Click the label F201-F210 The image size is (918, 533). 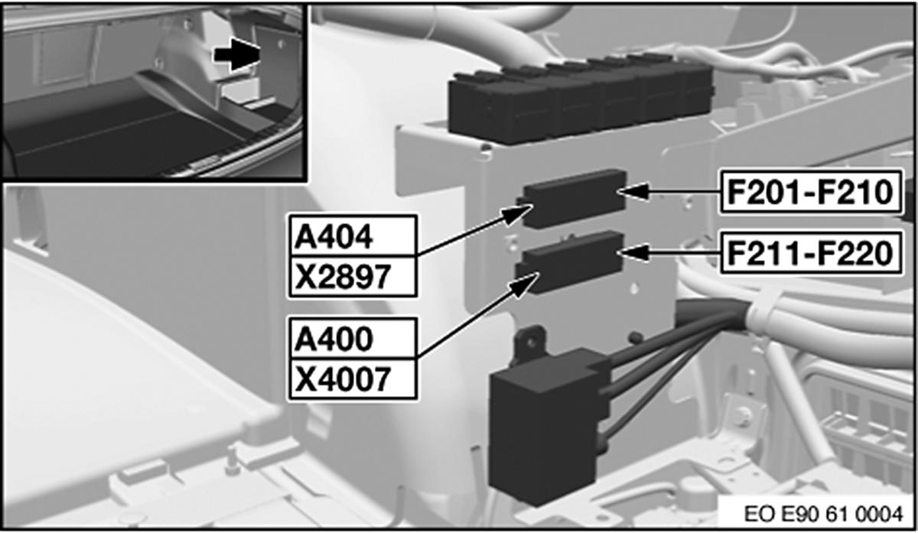coord(810,193)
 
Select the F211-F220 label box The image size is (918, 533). coord(810,254)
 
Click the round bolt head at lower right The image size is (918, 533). coord(741,418)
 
